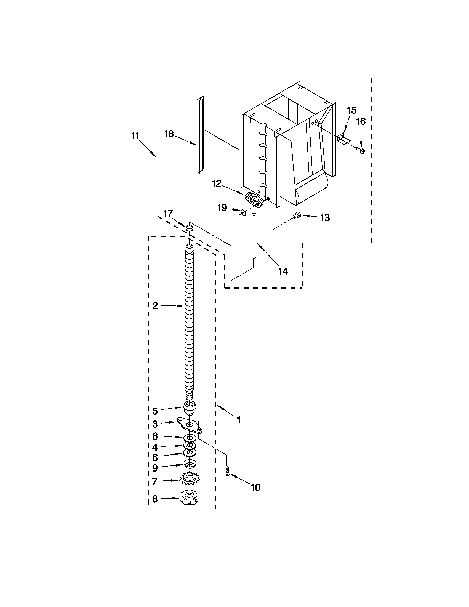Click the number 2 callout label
(155, 306)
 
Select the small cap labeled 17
(189, 228)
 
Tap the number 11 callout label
(135, 136)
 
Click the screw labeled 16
(361, 151)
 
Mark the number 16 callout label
(361, 121)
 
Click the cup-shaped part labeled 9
(190, 464)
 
